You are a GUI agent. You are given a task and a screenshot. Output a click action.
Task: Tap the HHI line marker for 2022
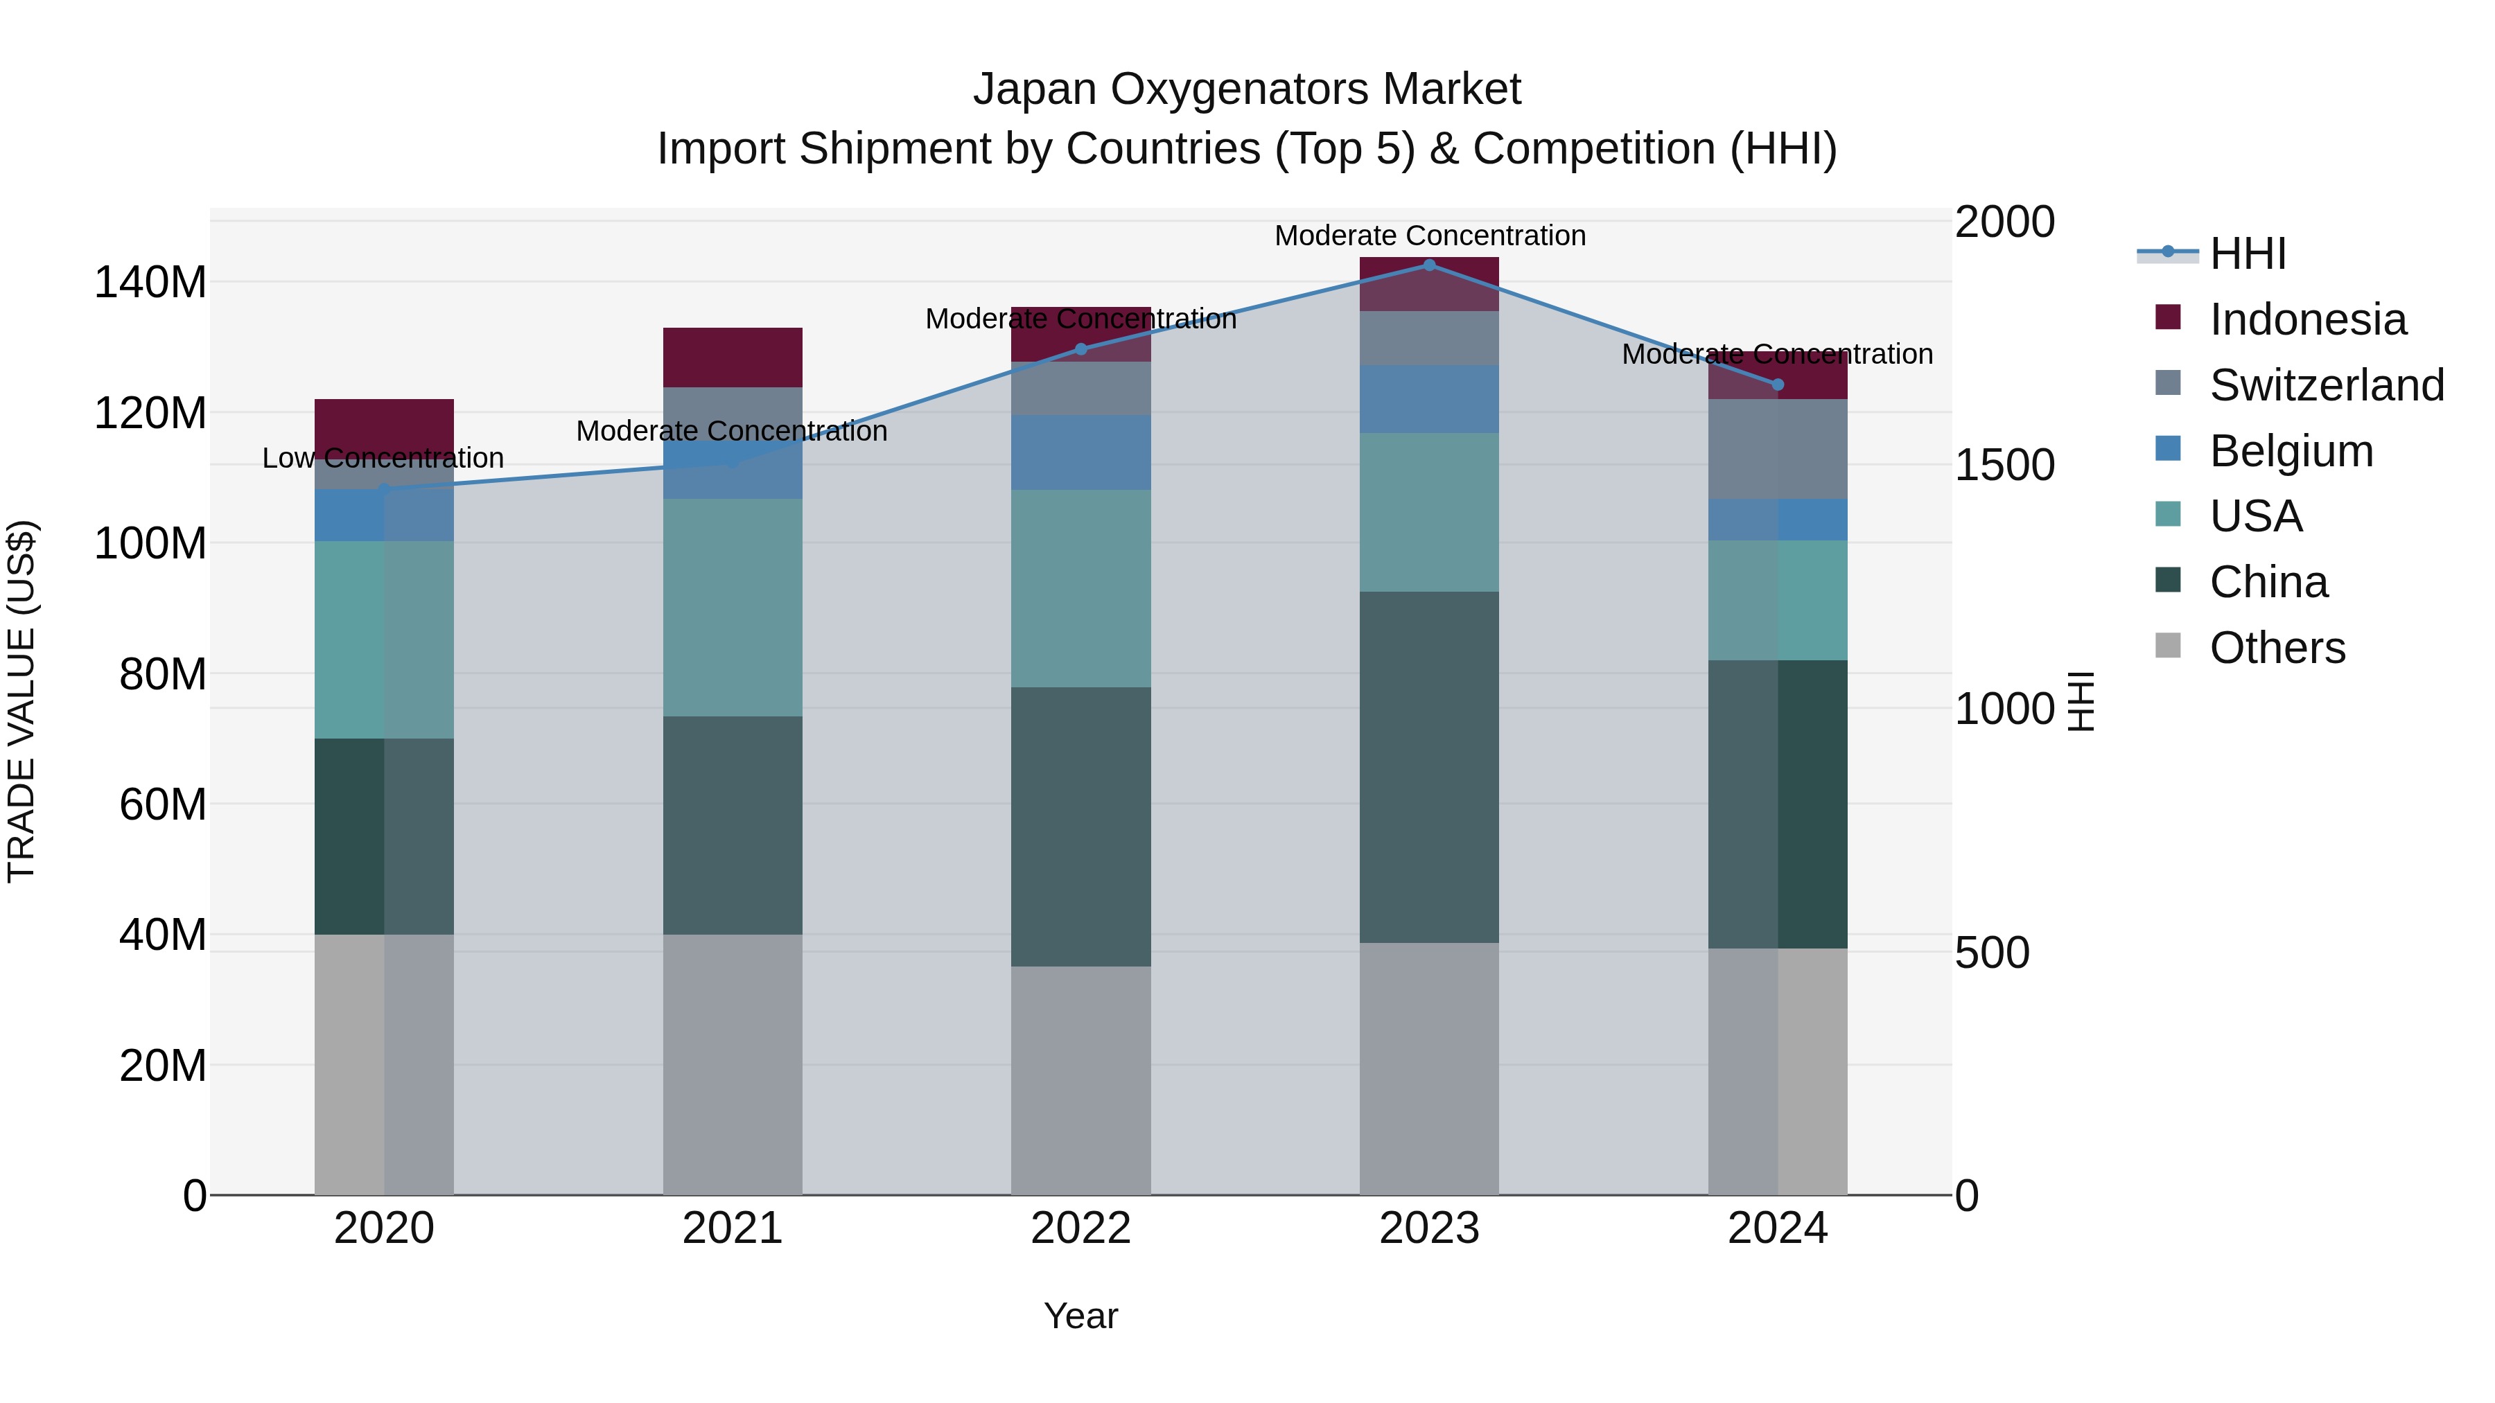click(x=1081, y=348)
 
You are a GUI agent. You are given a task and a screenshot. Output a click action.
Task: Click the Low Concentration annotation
click(x=383, y=458)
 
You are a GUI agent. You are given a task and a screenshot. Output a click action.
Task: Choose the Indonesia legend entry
click(x=2307, y=319)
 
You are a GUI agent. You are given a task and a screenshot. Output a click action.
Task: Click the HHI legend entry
click(x=2247, y=254)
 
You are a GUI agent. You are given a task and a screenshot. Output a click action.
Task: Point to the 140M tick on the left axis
click(x=150, y=283)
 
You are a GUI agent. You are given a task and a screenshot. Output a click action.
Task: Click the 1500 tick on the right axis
click(x=2004, y=465)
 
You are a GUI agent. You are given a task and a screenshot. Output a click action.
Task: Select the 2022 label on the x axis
click(x=1081, y=1228)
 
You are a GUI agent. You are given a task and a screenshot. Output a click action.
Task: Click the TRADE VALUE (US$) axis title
click(x=21, y=701)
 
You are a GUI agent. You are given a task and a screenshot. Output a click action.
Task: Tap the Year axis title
click(x=1081, y=1316)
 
